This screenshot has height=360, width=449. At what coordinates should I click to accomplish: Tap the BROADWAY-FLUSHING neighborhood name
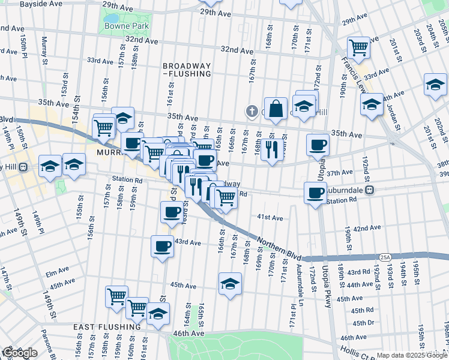point(187,70)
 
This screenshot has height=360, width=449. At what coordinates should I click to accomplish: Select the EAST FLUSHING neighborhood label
point(107,327)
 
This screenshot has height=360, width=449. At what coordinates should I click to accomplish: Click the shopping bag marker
point(276,109)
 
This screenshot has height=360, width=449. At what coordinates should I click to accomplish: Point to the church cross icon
point(253,111)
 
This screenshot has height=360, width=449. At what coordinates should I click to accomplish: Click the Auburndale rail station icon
point(370,189)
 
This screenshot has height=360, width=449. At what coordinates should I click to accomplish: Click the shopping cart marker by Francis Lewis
point(358,47)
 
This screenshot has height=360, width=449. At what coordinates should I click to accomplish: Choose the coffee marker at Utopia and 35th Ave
point(318,144)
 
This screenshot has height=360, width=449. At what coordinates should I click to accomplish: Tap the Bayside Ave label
point(41,4)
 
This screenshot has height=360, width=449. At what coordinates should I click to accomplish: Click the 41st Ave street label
point(270,217)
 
